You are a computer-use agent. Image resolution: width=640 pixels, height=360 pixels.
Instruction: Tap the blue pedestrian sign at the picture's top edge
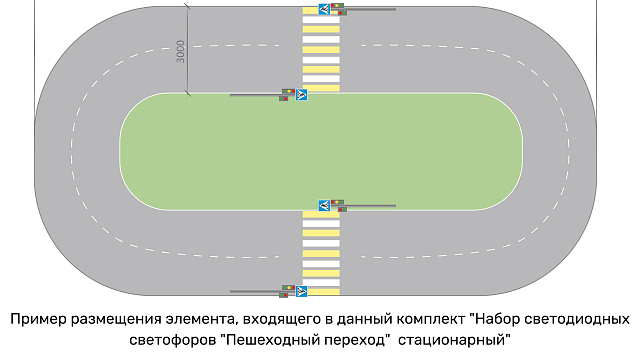[x=323, y=9]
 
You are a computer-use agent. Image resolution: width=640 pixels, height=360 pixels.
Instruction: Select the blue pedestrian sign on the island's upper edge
[x=301, y=95]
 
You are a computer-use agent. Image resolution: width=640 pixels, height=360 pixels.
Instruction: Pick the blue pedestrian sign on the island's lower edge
[x=323, y=205]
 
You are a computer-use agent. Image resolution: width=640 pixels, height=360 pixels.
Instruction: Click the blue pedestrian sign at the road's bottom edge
[x=301, y=291]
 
